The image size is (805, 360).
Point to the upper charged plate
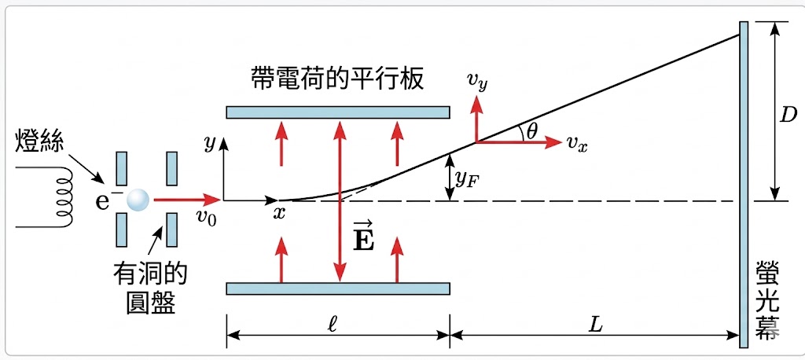coord(337,112)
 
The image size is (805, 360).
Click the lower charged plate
coord(337,288)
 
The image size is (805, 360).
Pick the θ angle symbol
coord(532,131)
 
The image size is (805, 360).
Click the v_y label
coord(478,83)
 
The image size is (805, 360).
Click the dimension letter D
coord(788,114)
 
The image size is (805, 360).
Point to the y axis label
coord(209,143)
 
